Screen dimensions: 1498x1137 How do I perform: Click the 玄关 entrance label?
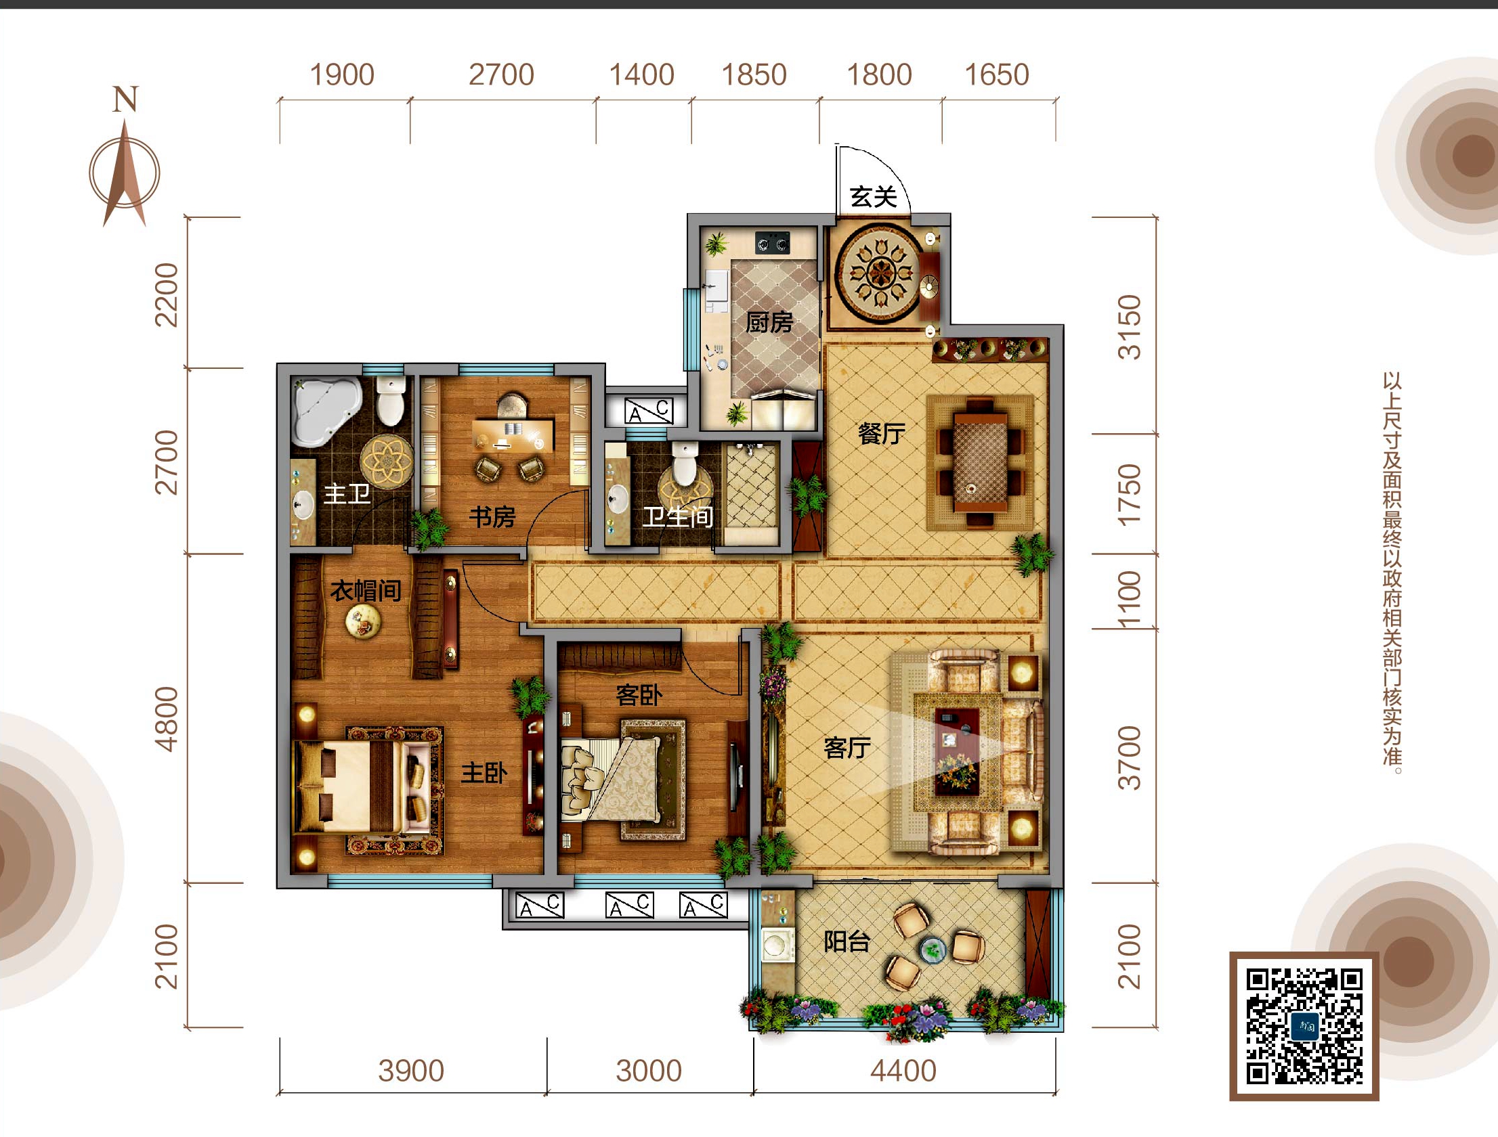(874, 197)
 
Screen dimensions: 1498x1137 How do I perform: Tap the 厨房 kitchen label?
(769, 322)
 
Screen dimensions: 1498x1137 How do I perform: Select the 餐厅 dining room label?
(882, 433)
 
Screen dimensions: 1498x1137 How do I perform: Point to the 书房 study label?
(492, 517)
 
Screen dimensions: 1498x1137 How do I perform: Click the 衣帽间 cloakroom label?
(366, 591)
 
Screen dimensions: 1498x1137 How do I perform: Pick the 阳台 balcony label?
(847, 941)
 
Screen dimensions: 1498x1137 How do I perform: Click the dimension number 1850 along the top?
(754, 74)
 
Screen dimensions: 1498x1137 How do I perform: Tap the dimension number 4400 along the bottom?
(903, 1071)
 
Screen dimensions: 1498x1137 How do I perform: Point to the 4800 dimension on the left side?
(167, 719)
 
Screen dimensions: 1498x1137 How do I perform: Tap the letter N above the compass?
(125, 99)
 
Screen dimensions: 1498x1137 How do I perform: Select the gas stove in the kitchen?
(773, 242)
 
